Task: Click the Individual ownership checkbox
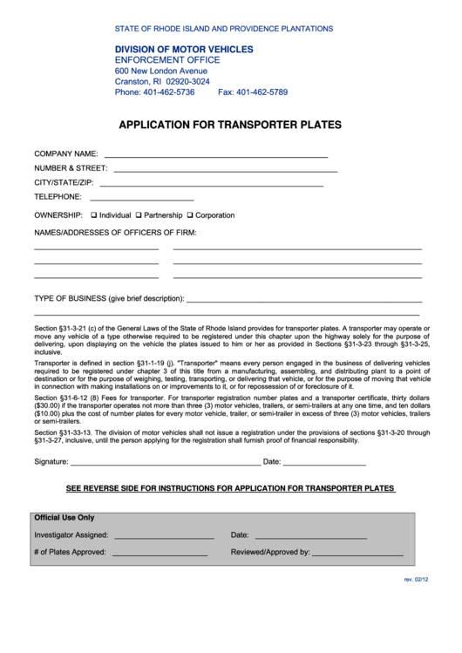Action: (94, 215)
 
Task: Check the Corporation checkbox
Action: (190, 215)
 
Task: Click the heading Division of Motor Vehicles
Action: (184, 50)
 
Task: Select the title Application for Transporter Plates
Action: (230, 125)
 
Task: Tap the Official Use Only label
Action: (64, 518)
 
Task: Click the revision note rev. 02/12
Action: (415, 580)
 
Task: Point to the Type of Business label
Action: (108, 298)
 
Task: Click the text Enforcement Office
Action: (167, 60)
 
